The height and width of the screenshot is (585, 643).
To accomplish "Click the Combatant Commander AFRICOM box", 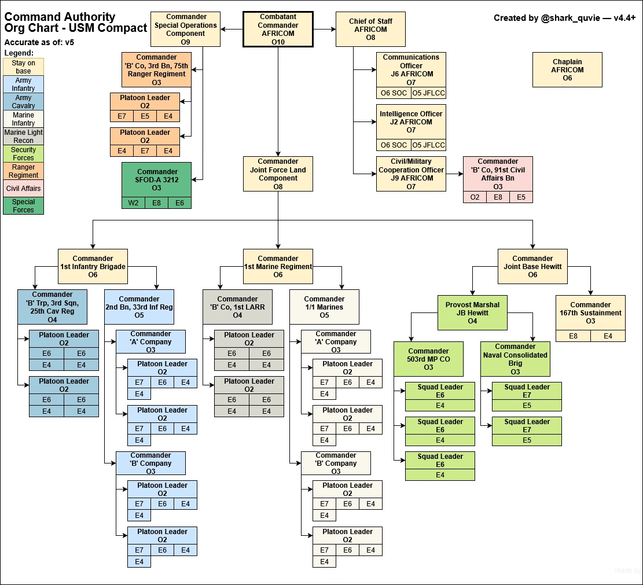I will point(278,29).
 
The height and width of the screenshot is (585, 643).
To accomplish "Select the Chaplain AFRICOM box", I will point(567,69).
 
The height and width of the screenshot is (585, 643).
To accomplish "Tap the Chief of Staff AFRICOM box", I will point(370,29).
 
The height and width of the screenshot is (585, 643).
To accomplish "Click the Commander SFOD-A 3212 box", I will point(156,179).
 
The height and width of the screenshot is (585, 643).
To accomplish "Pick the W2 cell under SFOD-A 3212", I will point(133,203).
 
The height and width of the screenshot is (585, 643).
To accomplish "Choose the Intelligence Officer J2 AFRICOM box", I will point(411,122).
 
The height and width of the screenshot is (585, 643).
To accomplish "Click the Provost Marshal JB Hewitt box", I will point(472,312).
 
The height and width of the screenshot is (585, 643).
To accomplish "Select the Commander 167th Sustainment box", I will point(590,312).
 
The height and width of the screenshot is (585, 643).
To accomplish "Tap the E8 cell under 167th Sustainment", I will point(573,336).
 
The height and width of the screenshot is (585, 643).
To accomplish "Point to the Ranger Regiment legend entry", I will point(24,171).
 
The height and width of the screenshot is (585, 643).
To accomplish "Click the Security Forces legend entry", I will point(24,154).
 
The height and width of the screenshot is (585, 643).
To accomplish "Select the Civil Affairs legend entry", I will point(24,189).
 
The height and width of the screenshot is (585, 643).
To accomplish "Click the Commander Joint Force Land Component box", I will point(278,174).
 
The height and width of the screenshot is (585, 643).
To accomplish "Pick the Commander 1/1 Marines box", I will point(324,307).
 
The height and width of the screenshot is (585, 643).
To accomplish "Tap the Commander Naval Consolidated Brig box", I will point(515,359).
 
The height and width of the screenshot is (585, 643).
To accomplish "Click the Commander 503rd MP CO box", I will point(428,359).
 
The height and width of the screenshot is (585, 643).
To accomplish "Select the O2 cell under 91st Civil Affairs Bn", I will point(475,197).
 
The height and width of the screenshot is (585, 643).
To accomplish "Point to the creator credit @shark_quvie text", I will point(564,18).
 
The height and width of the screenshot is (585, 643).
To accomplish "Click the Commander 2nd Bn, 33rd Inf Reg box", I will point(139,307).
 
